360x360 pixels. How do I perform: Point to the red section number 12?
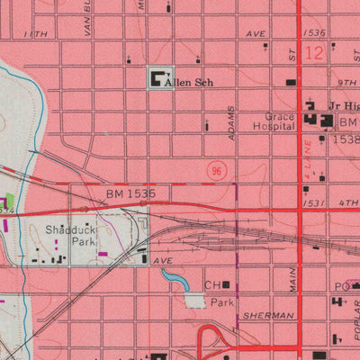[x=313, y=53]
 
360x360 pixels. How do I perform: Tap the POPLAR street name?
[x=353, y=325]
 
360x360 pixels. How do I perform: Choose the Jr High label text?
[x=345, y=105]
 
